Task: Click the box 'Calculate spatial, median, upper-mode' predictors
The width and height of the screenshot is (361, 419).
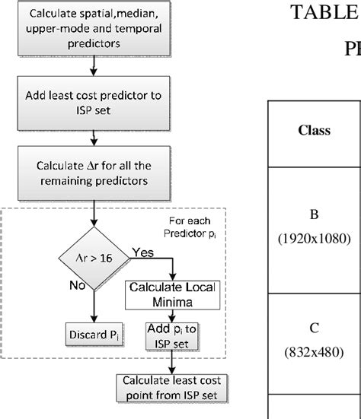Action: (x=93, y=30)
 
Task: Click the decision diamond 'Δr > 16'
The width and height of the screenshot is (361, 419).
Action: (x=92, y=258)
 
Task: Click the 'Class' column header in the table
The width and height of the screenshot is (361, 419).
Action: (x=313, y=130)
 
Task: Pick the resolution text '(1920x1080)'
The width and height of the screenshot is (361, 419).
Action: (x=313, y=238)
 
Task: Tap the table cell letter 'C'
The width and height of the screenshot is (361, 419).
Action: (x=313, y=330)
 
